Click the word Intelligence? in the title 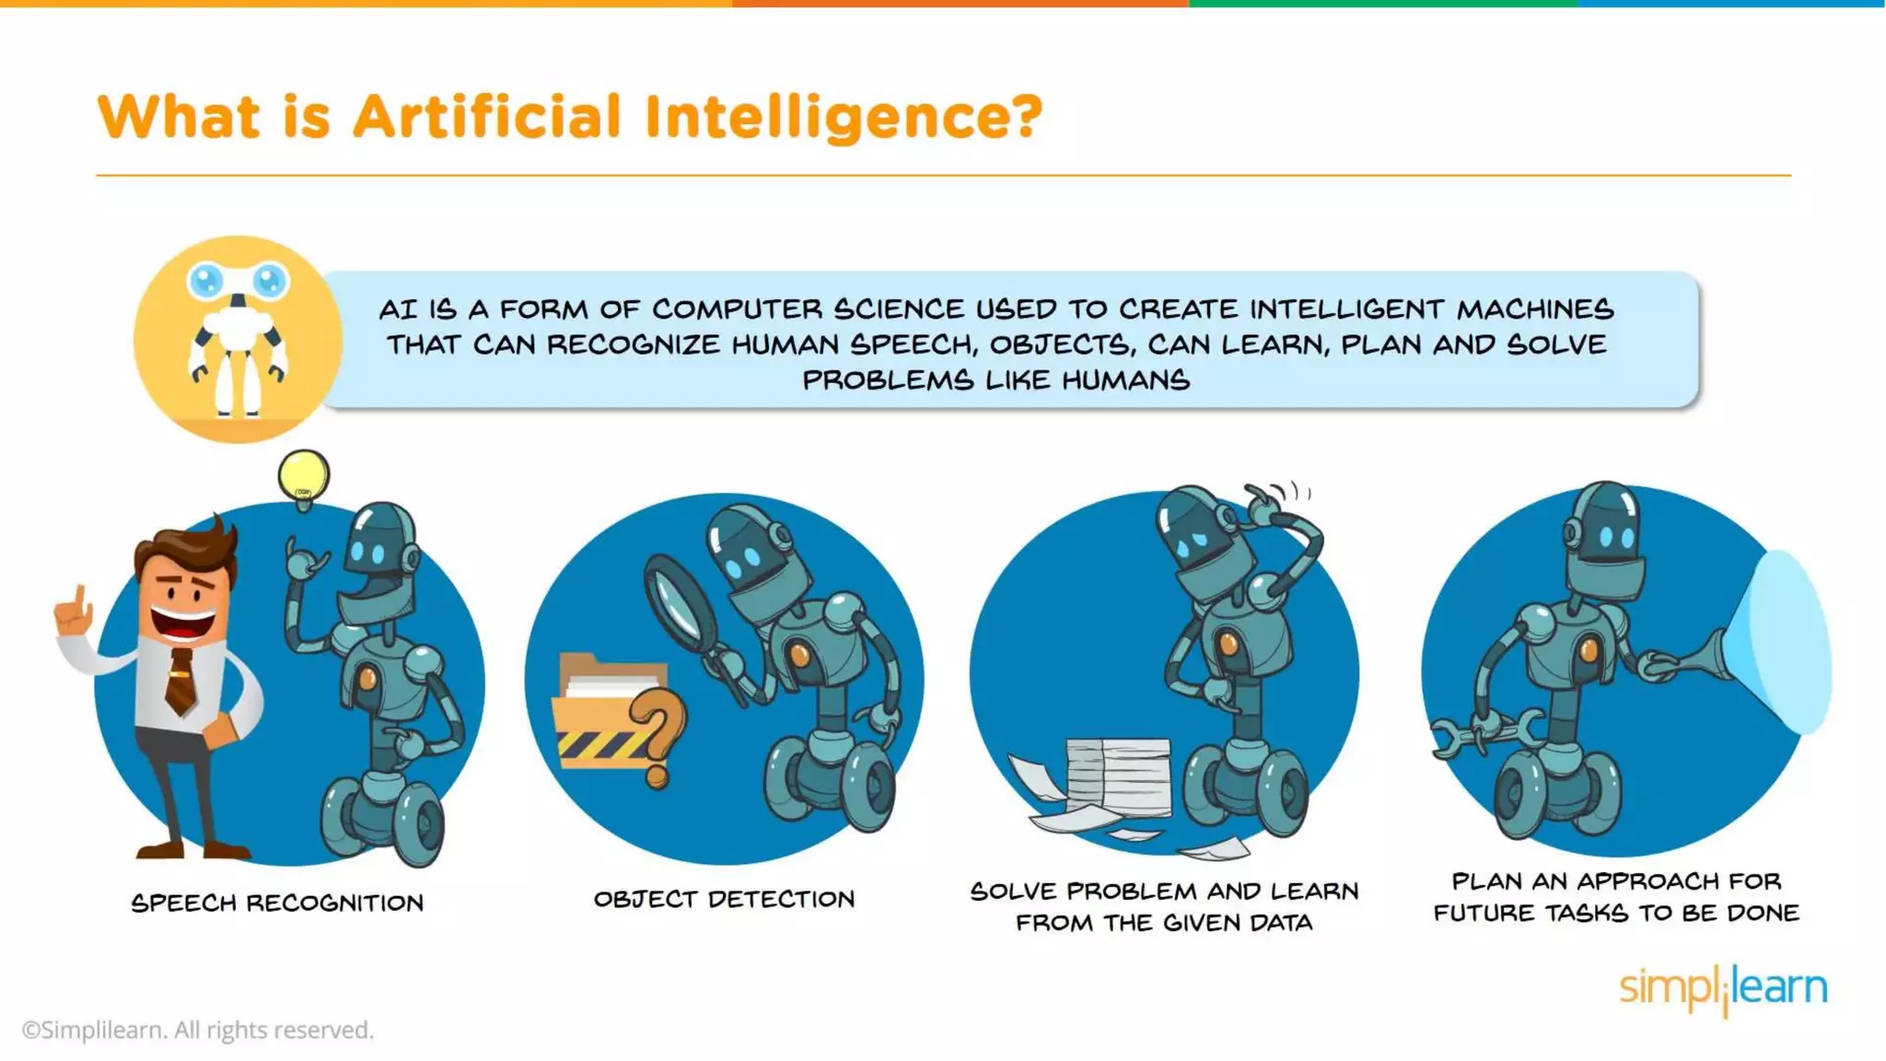[843, 117]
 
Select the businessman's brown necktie [181, 681]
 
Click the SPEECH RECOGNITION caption [277, 903]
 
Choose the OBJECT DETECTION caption [724, 899]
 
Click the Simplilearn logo [1722, 988]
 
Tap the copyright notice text [198, 1030]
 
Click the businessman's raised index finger [80, 599]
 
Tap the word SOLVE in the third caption [1013, 891]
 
